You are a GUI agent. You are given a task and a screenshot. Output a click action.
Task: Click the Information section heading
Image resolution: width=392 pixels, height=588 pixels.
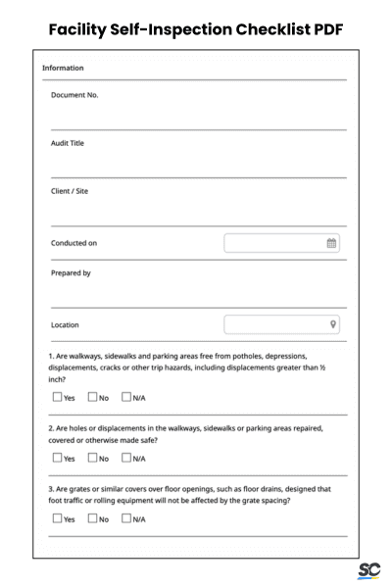tap(63, 68)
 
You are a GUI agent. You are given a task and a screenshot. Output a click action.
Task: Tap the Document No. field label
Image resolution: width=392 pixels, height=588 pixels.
tap(74, 95)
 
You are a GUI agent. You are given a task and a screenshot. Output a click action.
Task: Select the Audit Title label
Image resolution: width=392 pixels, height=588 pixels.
tap(68, 143)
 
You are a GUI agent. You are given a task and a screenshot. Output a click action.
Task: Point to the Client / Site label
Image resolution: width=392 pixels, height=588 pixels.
tap(70, 191)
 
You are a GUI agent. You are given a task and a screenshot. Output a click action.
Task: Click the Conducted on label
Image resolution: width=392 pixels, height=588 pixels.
tap(73, 243)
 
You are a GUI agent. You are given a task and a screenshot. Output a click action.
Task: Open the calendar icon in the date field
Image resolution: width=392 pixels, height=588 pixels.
tap(331, 243)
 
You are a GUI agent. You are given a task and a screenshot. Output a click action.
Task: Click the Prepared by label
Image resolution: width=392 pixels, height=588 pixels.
tap(71, 273)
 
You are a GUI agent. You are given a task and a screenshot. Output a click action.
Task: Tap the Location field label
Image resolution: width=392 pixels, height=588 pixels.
tap(66, 324)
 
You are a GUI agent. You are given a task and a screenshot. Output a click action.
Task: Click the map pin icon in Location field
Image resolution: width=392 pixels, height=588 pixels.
tap(333, 324)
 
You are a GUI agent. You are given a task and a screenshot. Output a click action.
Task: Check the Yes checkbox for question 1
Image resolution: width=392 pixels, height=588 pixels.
tap(56, 397)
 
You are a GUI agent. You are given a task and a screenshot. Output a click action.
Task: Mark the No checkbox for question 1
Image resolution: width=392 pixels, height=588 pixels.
tap(92, 397)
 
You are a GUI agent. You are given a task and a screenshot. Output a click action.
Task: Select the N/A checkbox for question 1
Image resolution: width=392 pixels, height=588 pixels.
tap(126, 397)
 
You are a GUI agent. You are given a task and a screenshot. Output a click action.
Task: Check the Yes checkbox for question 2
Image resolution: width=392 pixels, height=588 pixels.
tap(56, 458)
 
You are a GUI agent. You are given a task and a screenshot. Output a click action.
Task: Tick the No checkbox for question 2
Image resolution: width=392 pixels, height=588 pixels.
tap(92, 458)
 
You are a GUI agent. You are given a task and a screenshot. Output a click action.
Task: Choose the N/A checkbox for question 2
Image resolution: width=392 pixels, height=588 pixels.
tap(126, 458)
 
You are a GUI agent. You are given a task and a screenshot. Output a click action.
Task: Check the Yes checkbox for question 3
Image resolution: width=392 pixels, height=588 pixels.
tap(56, 518)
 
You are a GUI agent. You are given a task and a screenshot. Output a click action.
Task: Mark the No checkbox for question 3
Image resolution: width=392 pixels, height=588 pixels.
tap(92, 518)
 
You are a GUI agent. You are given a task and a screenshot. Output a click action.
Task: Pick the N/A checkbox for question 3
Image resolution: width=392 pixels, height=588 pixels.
tap(126, 518)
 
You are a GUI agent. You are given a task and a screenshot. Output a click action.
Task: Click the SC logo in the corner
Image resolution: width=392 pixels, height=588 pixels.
tap(368, 571)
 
